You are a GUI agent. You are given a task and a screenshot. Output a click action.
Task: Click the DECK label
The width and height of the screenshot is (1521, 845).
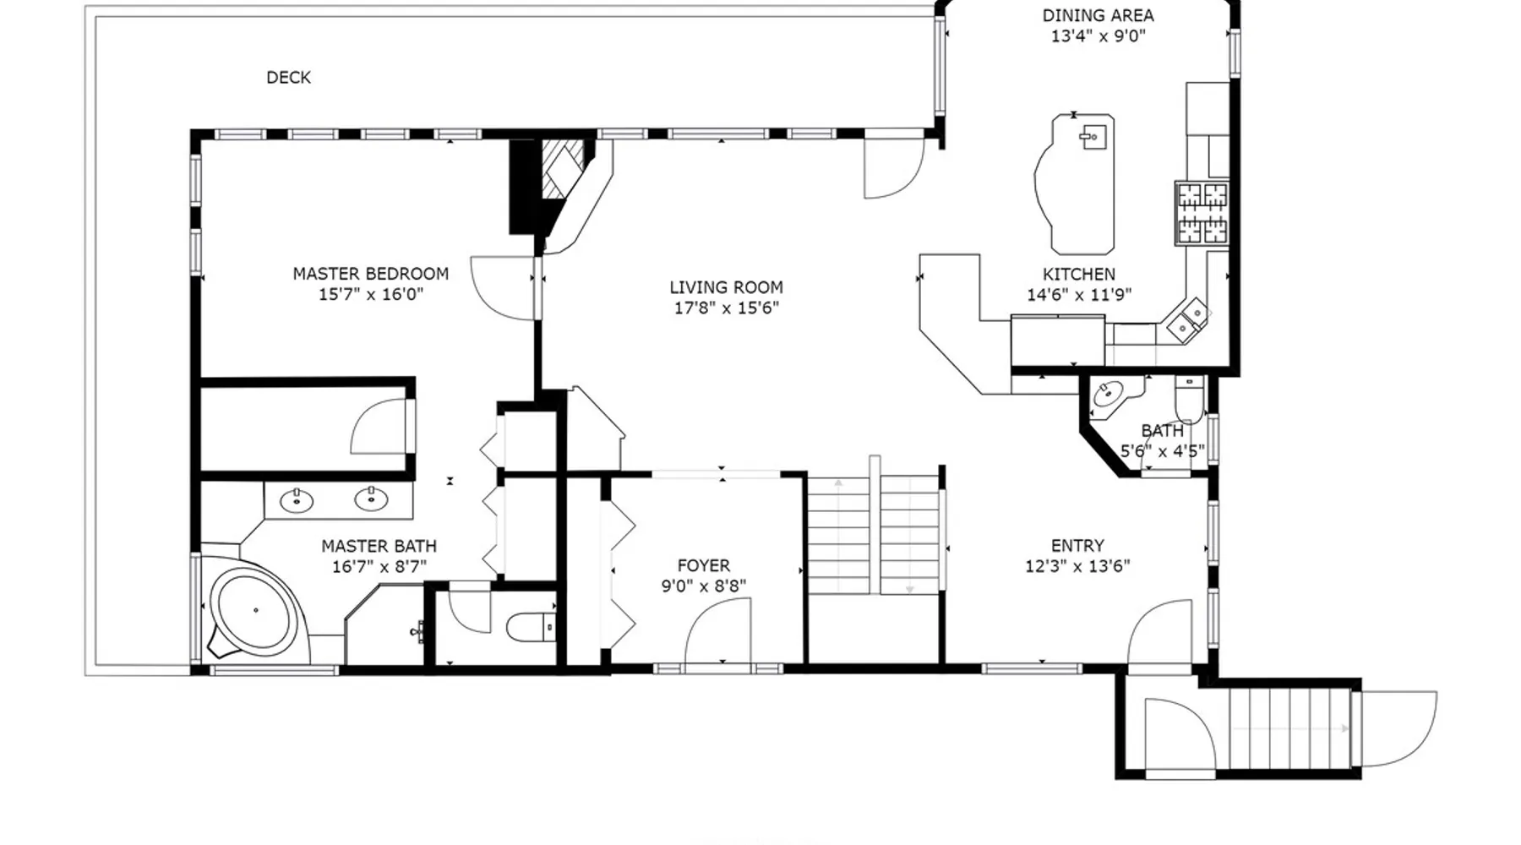tap(288, 78)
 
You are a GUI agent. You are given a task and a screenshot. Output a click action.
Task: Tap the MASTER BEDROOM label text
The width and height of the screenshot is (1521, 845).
tap(370, 274)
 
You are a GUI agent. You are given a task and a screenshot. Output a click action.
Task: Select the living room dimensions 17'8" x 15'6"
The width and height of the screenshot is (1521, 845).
tap(726, 308)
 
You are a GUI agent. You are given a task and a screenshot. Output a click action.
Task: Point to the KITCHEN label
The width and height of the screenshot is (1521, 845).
tap(1078, 275)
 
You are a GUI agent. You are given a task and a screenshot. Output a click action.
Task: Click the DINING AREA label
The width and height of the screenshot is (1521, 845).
tap(1098, 15)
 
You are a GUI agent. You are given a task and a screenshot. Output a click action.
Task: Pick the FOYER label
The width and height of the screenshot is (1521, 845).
tap(703, 566)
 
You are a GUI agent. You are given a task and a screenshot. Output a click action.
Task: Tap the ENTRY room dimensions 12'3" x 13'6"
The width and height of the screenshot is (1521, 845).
tap(1077, 567)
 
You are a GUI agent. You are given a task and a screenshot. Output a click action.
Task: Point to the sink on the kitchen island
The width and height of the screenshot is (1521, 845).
tap(1093, 137)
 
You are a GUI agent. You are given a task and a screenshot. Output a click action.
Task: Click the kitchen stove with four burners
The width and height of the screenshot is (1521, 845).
tap(1202, 213)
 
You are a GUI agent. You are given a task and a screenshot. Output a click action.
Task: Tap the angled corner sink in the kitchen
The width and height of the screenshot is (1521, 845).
tap(1189, 320)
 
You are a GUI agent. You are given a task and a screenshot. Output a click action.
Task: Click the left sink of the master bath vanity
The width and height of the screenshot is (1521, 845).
tap(297, 501)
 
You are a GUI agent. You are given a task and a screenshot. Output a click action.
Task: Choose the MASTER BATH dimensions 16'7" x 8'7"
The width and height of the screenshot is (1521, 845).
tap(379, 567)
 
